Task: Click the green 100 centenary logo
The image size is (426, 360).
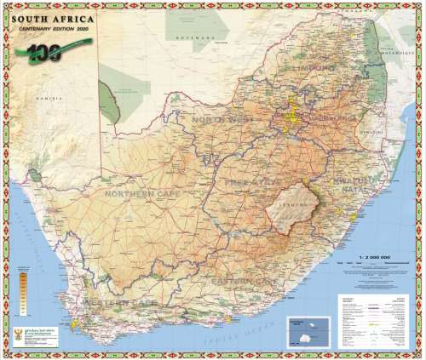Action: [43, 52]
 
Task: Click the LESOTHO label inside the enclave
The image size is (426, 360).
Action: [292, 205]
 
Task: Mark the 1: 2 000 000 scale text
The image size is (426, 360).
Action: [373, 254]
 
